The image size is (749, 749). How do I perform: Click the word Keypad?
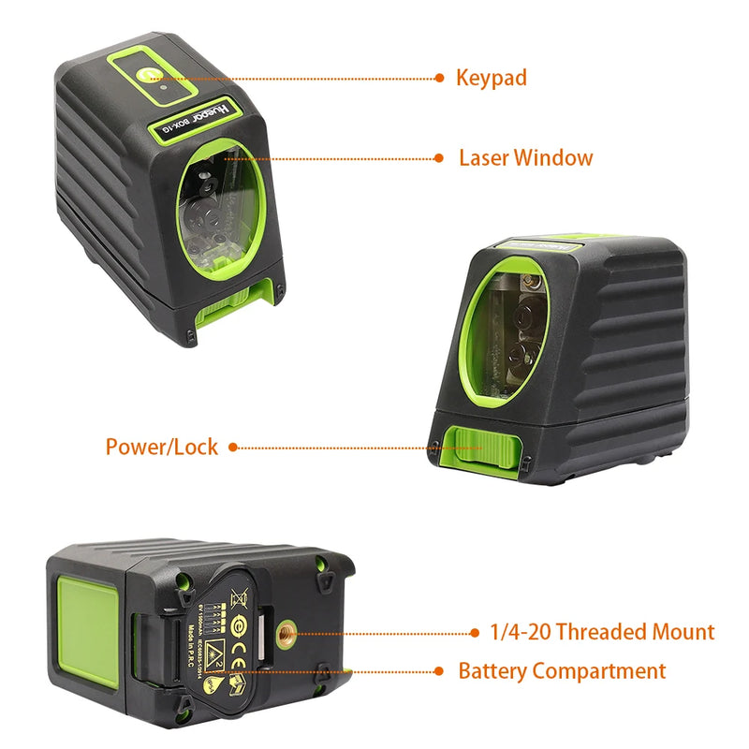tap(492, 78)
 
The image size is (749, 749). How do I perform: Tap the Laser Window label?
tap(525, 157)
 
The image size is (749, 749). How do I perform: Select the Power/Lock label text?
tap(161, 447)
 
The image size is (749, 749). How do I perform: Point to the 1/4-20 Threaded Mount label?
tap(602, 632)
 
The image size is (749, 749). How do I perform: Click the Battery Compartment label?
tap(562, 670)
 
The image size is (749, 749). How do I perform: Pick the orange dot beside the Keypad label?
tap(441, 79)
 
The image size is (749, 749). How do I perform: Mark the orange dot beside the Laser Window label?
tap(440, 158)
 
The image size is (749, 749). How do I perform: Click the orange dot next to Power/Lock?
tap(233, 448)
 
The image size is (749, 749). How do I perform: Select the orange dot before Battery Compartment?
tap(440, 671)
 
